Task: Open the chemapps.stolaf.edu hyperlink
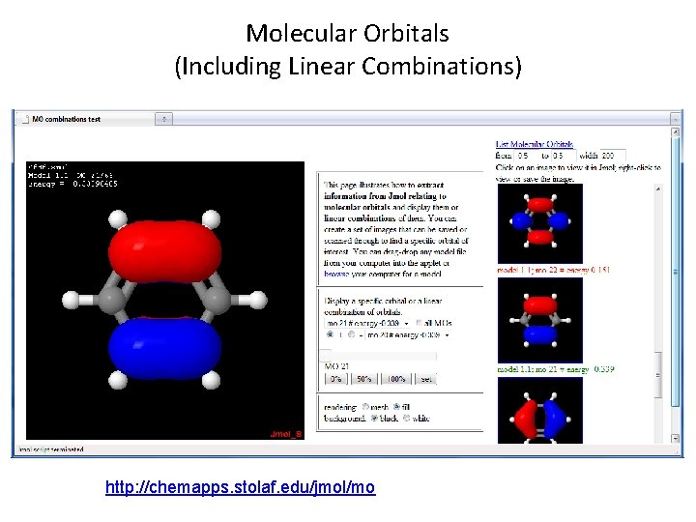pos(240,487)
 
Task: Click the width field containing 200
pos(613,155)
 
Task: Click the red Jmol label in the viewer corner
pos(286,434)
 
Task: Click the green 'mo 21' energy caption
pos(555,369)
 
